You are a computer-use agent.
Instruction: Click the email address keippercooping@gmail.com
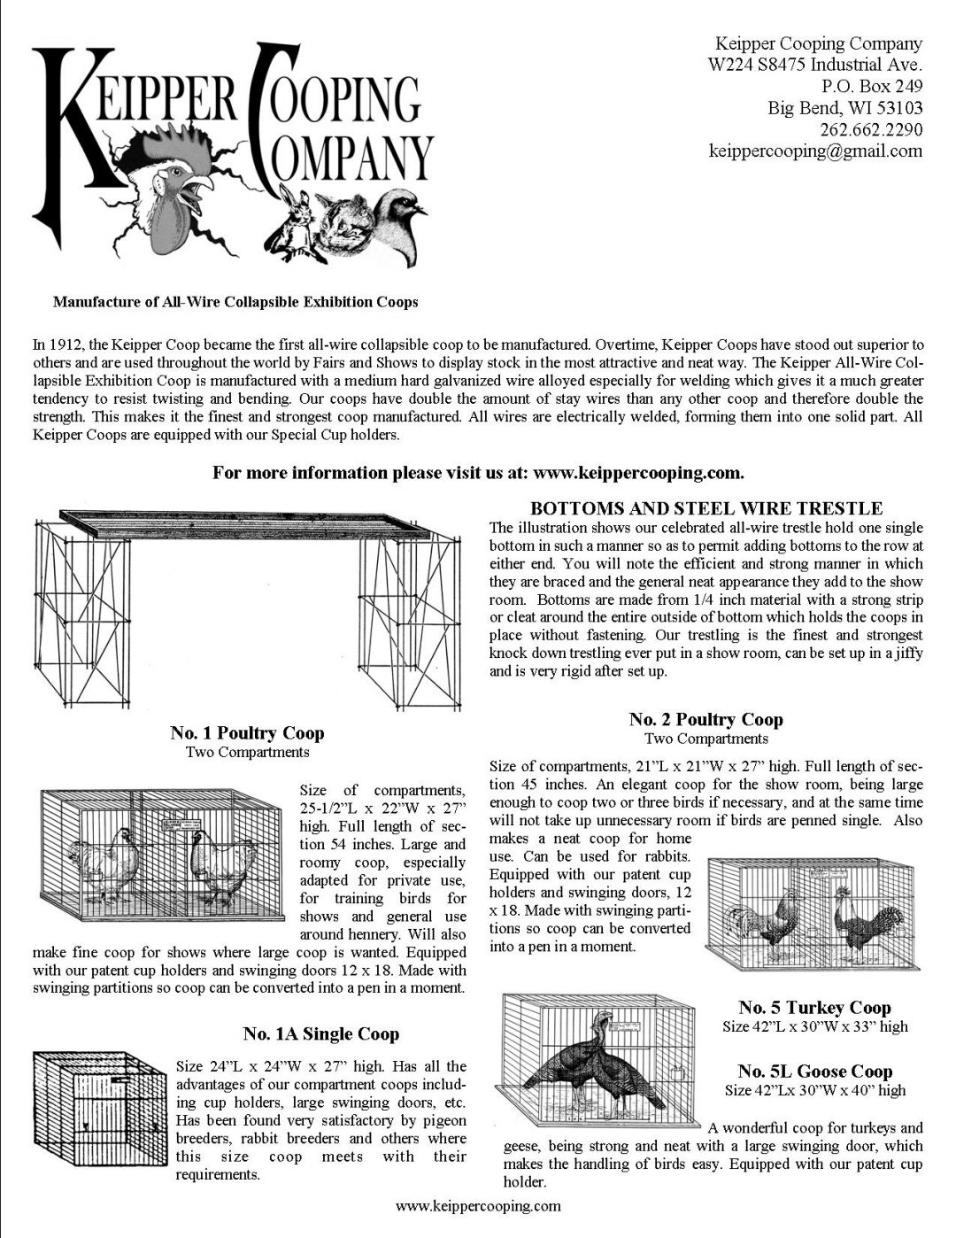tap(815, 151)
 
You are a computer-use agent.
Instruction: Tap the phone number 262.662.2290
tap(871, 129)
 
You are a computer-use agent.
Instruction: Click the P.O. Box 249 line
tap(872, 87)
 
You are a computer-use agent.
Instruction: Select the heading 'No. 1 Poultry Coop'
tap(247, 733)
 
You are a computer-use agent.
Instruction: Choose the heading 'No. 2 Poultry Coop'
tap(705, 719)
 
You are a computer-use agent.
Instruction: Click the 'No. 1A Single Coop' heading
tap(320, 1034)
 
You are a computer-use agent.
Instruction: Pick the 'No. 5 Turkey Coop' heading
tap(814, 1008)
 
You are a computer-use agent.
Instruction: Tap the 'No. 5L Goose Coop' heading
tap(814, 1072)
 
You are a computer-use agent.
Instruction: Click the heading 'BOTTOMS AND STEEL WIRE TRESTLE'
tap(705, 508)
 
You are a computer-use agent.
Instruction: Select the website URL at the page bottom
tap(478, 1206)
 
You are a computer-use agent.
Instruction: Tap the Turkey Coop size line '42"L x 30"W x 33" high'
tap(814, 1027)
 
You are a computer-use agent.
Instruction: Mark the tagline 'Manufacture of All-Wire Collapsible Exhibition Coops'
tap(235, 302)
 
